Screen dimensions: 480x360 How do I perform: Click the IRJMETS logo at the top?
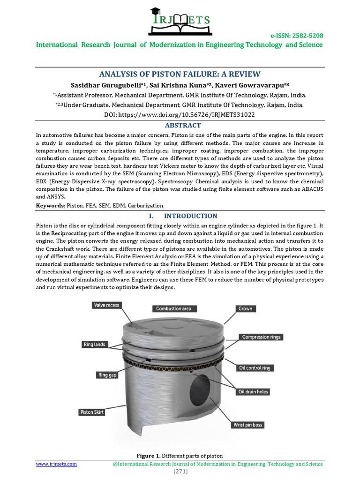pyautogui.click(x=179, y=21)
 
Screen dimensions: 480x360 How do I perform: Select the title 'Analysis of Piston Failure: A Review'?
pyautogui.click(x=180, y=74)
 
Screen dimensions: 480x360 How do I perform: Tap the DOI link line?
pyautogui.click(x=180, y=114)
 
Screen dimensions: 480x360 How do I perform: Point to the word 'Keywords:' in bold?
pyautogui.click(x=51, y=206)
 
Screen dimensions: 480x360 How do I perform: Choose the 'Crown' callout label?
pyautogui.click(x=245, y=308)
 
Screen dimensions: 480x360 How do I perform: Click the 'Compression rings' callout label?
pyautogui.click(x=261, y=337)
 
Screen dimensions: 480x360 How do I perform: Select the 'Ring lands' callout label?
pyautogui.click(x=95, y=344)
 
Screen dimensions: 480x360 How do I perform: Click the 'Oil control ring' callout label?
pyautogui.click(x=254, y=368)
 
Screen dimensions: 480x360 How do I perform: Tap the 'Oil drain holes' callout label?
pyautogui.click(x=253, y=391)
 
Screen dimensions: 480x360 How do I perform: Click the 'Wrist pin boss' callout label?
pyautogui.click(x=248, y=425)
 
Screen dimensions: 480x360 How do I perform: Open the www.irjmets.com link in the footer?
pyautogui.click(x=57, y=464)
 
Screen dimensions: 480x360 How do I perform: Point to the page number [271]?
pyautogui.click(x=180, y=472)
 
